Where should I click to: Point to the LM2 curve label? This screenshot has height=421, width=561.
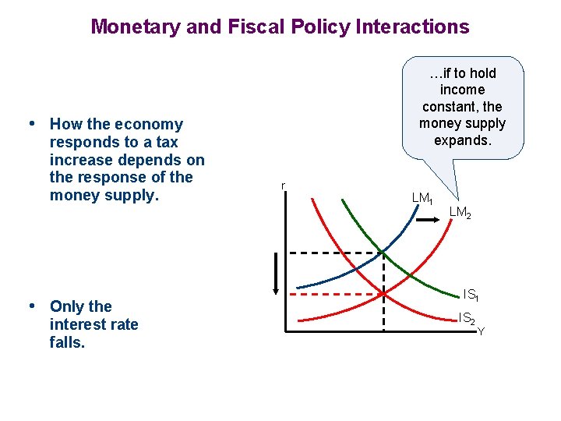(460, 212)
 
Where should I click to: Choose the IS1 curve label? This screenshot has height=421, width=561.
(471, 295)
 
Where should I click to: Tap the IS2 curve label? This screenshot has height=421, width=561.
(467, 318)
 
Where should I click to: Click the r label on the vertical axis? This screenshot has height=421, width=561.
(284, 186)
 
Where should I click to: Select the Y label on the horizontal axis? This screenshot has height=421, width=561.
(481, 331)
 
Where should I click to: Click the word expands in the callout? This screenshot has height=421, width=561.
(463, 140)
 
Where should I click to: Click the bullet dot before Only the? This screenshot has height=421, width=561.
(32, 306)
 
